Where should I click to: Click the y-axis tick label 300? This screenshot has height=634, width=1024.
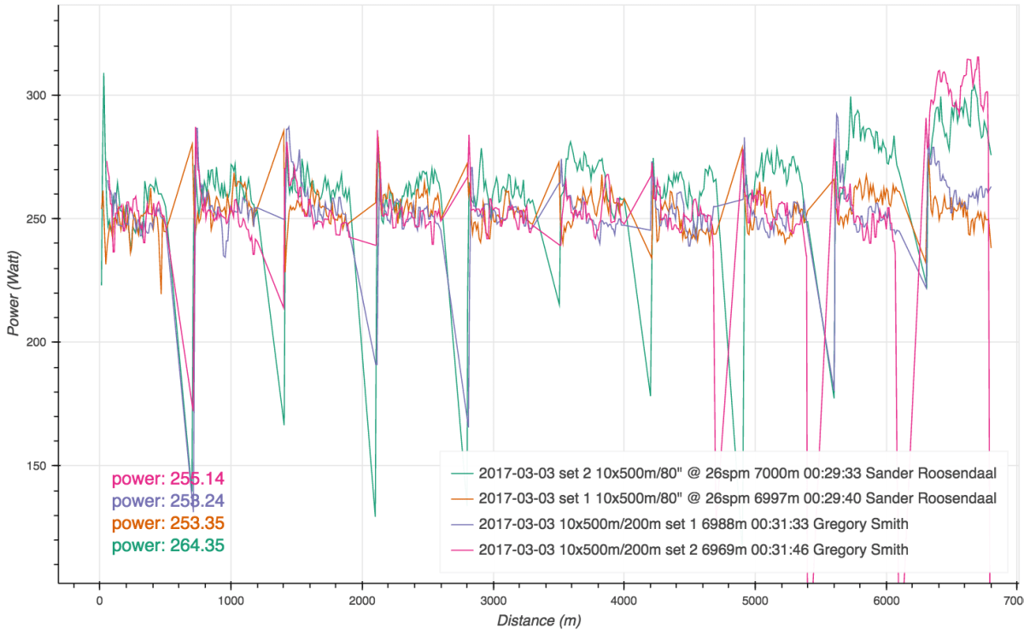tap(38, 96)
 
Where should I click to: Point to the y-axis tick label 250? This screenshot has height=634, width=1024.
tap(38, 219)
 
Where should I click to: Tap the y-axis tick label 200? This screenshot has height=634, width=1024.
tap(38, 342)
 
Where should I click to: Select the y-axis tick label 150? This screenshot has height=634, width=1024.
tap(38, 466)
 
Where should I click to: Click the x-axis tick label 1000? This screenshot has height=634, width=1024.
tap(231, 601)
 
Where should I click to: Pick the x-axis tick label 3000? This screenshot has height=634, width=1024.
tap(493, 601)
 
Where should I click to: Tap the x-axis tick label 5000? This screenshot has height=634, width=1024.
tap(755, 601)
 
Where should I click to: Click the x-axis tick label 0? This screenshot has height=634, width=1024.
tap(100, 601)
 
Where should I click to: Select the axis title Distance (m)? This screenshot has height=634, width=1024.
tap(539, 622)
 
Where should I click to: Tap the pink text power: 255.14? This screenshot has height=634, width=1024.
tap(168, 480)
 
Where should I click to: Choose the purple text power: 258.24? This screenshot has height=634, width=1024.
tap(168, 501)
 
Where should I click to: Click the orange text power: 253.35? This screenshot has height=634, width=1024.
tap(168, 523)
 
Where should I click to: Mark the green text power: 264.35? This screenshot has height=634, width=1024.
tap(168, 544)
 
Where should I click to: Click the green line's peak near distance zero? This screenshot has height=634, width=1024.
tap(104, 73)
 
